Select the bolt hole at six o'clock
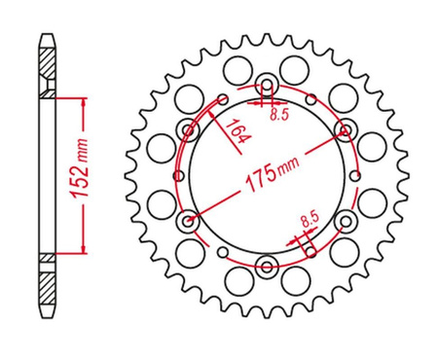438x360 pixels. (267, 267)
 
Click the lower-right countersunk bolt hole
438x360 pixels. (345, 222)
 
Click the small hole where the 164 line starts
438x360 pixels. (223, 97)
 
